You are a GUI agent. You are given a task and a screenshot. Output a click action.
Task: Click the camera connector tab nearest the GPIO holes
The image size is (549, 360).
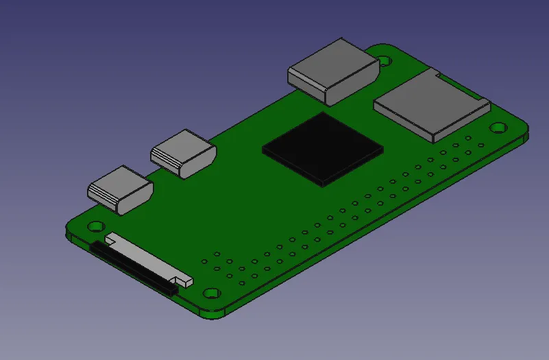[184, 280]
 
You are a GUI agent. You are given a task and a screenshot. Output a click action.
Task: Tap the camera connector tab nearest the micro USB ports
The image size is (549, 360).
[110, 239]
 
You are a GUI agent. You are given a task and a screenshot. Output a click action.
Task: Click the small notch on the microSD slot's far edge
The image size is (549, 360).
[433, 71]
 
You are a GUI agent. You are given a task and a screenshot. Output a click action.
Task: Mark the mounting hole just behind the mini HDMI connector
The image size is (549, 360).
[385, 60]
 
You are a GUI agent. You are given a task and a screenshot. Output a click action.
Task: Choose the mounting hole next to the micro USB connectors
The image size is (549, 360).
[95, 225]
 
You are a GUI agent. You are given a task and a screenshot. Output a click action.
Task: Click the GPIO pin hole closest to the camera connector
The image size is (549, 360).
[204, 261]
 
